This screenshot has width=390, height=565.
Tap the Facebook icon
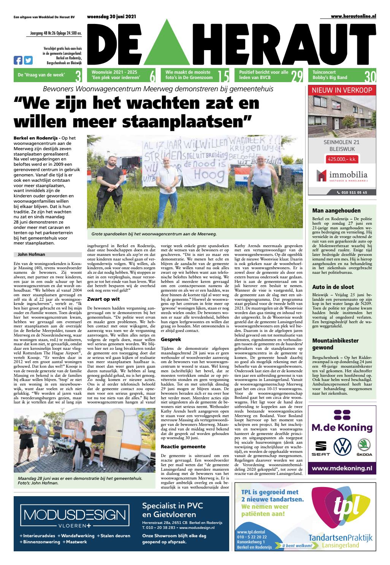(x=18, y=60)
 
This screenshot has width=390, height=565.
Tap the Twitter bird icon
(x=28, y=60)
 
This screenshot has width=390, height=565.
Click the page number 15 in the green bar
(x=224, y=76)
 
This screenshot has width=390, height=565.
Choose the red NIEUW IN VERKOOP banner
(x=342, y=90)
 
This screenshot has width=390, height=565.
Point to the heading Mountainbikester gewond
(x=335, y=344)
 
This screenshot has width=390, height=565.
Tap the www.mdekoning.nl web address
(x=342, y=468)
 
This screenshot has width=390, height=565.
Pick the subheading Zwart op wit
(x=103, y=299)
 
